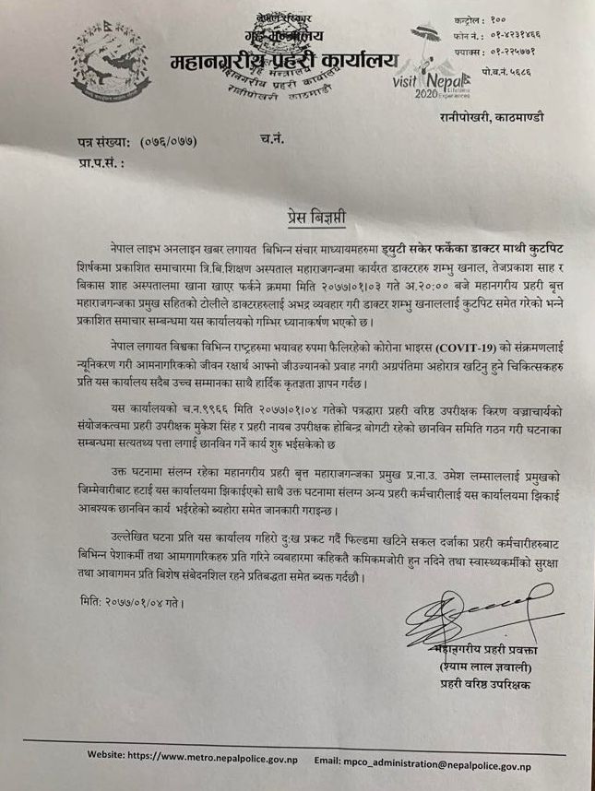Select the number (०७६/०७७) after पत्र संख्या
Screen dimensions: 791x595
[170, 141]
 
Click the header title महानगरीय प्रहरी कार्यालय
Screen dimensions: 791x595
[282, 59]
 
